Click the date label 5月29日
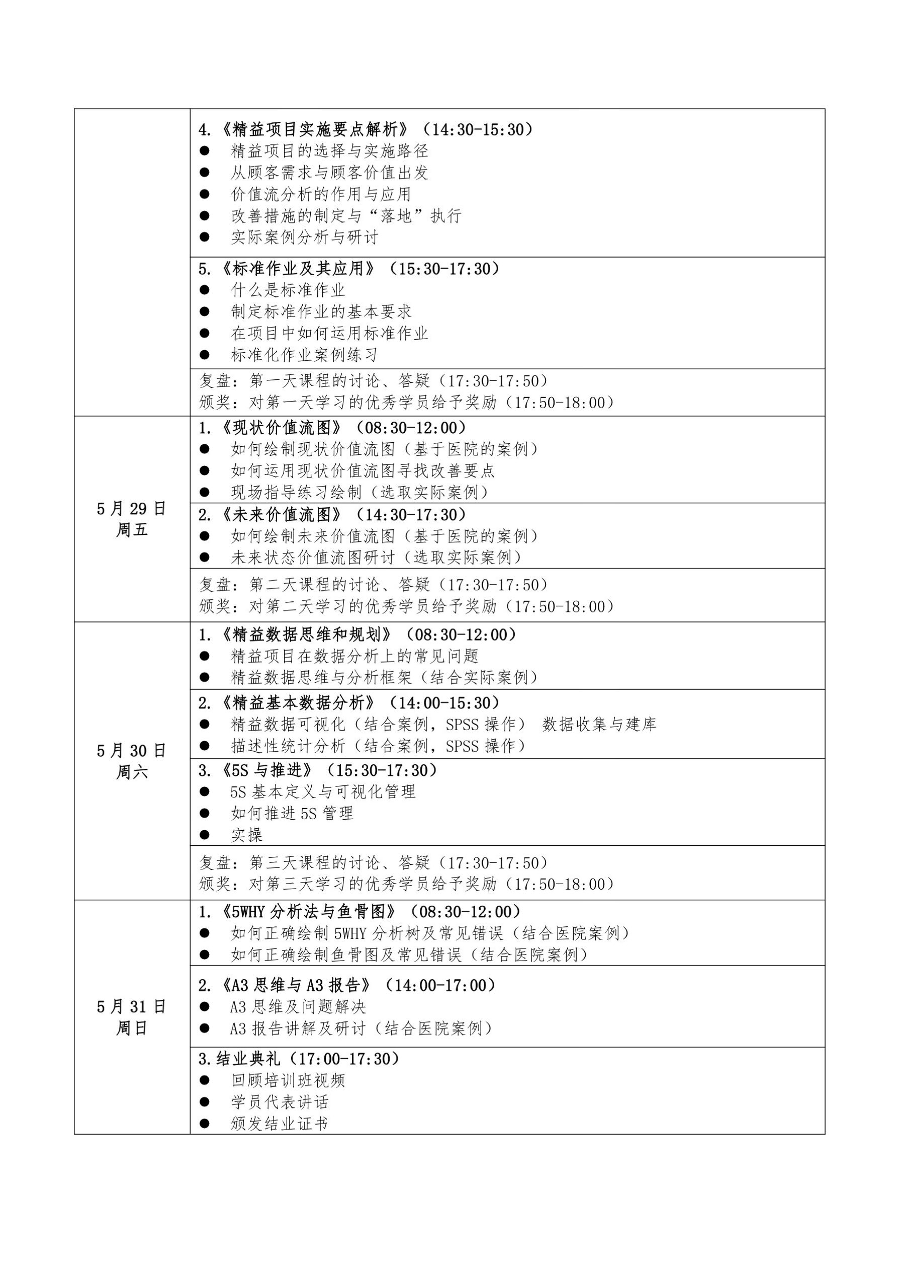click(x=131, y=509)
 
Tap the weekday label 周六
click(x=131, y=772)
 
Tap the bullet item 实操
click(x=247, y=835)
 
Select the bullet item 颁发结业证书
click(x=280, y=1124)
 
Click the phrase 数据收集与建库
click(x=599, y=725)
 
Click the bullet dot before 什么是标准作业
click(x=205, y=290)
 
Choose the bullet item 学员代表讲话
click(x=280, y=1102)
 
